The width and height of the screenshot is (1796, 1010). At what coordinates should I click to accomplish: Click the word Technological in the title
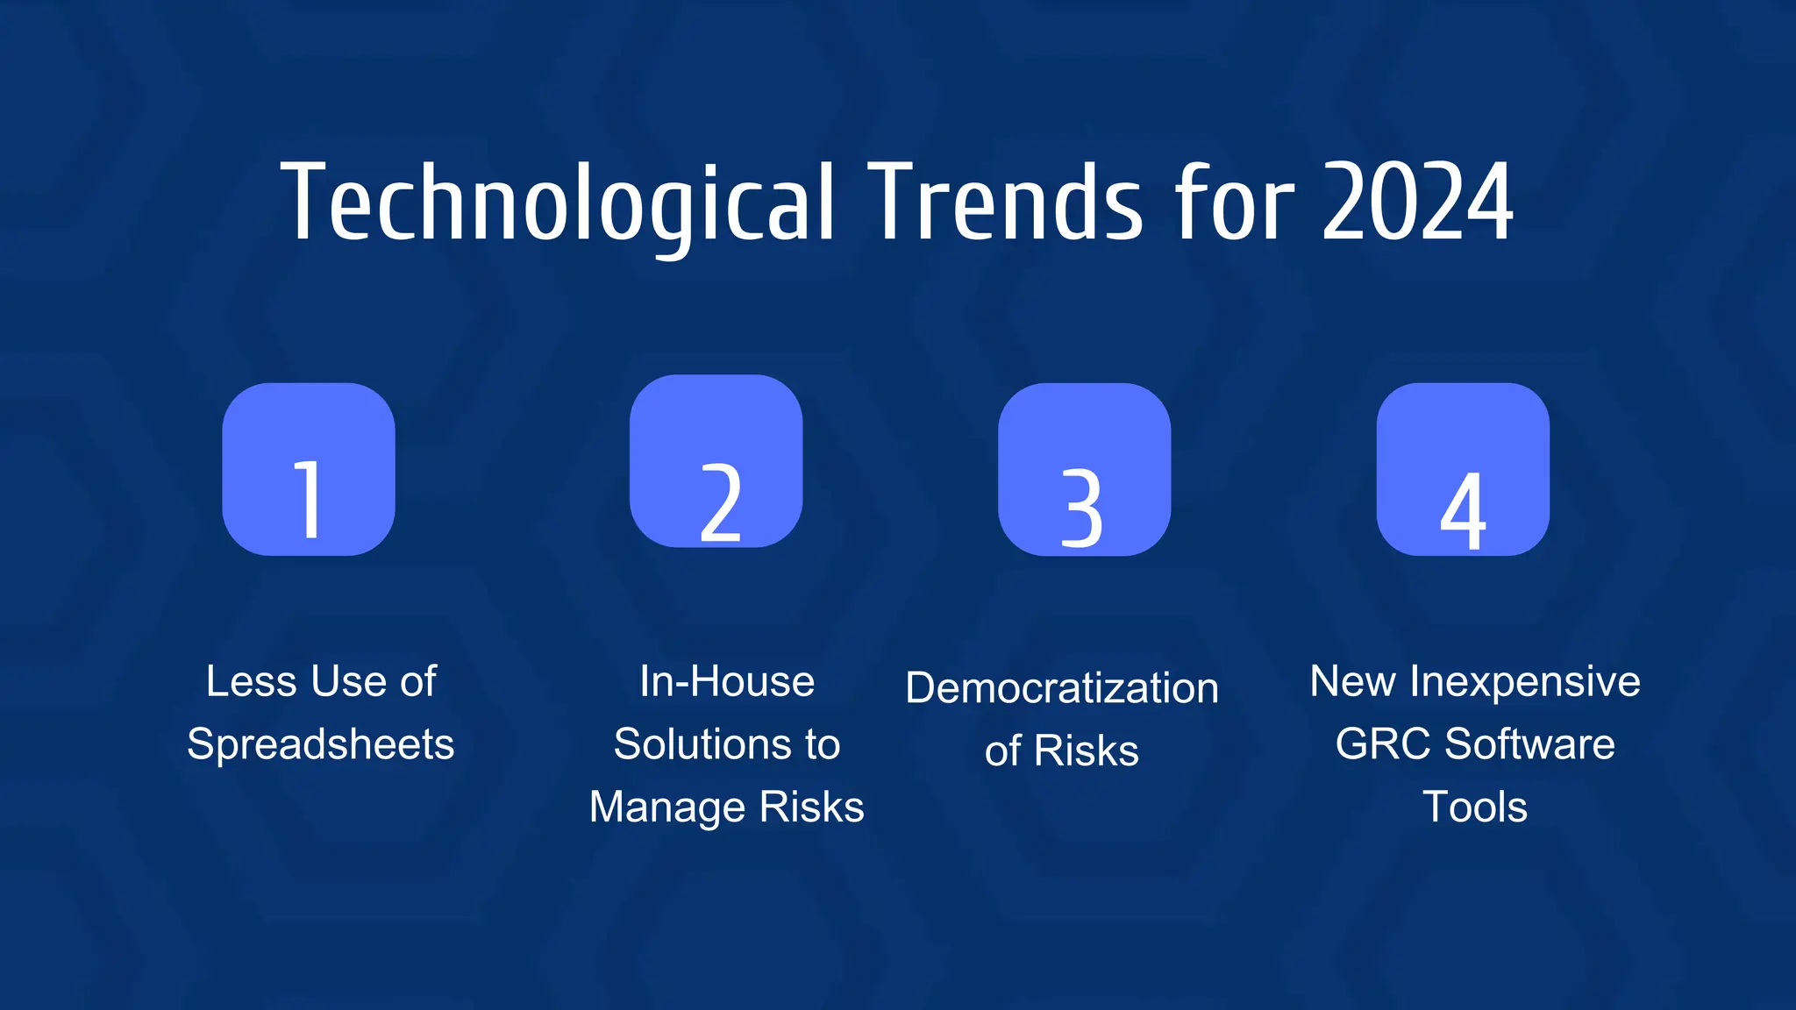coord(558,203)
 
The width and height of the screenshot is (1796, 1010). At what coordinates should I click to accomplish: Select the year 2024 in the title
coord(1417,203)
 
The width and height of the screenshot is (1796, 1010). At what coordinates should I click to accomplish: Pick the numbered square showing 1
coord(309,469)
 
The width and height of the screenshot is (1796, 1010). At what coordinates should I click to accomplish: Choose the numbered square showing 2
coord(716,461)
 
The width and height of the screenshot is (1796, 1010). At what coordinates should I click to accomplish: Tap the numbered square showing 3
coord(1084,469)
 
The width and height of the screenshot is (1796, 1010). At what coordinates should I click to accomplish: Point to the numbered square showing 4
coord(1462,469)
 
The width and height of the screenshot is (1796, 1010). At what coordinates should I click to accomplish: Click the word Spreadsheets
coord(321,744)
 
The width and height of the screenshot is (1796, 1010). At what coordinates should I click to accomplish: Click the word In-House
coord(727,681)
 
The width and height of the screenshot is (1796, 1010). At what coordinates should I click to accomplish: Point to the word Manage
coord(667,807)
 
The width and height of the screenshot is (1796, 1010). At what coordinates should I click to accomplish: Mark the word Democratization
coord(1062,687)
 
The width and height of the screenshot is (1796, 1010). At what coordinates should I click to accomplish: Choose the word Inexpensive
coord(1525,681)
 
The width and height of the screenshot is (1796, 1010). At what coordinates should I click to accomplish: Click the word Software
coord(1529,744)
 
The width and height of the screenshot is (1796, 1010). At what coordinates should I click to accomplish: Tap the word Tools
coord(1475,807)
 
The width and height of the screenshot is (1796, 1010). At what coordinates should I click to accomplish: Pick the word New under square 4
coord(1352,681)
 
